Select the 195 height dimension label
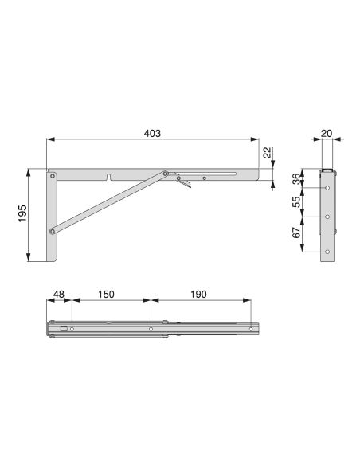[22, 214]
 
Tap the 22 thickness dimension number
[267, 153]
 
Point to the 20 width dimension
[327, 135]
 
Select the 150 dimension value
[105, 294]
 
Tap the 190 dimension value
[199, 294]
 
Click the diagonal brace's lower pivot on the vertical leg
[53, 232]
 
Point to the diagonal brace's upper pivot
[166, 173]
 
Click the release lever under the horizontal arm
[185, 186]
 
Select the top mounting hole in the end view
[327, 188]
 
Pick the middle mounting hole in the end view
[327, 217]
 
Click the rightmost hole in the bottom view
[251, 328]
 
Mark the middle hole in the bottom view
[151, 328]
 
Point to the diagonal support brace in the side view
[108, 202]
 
